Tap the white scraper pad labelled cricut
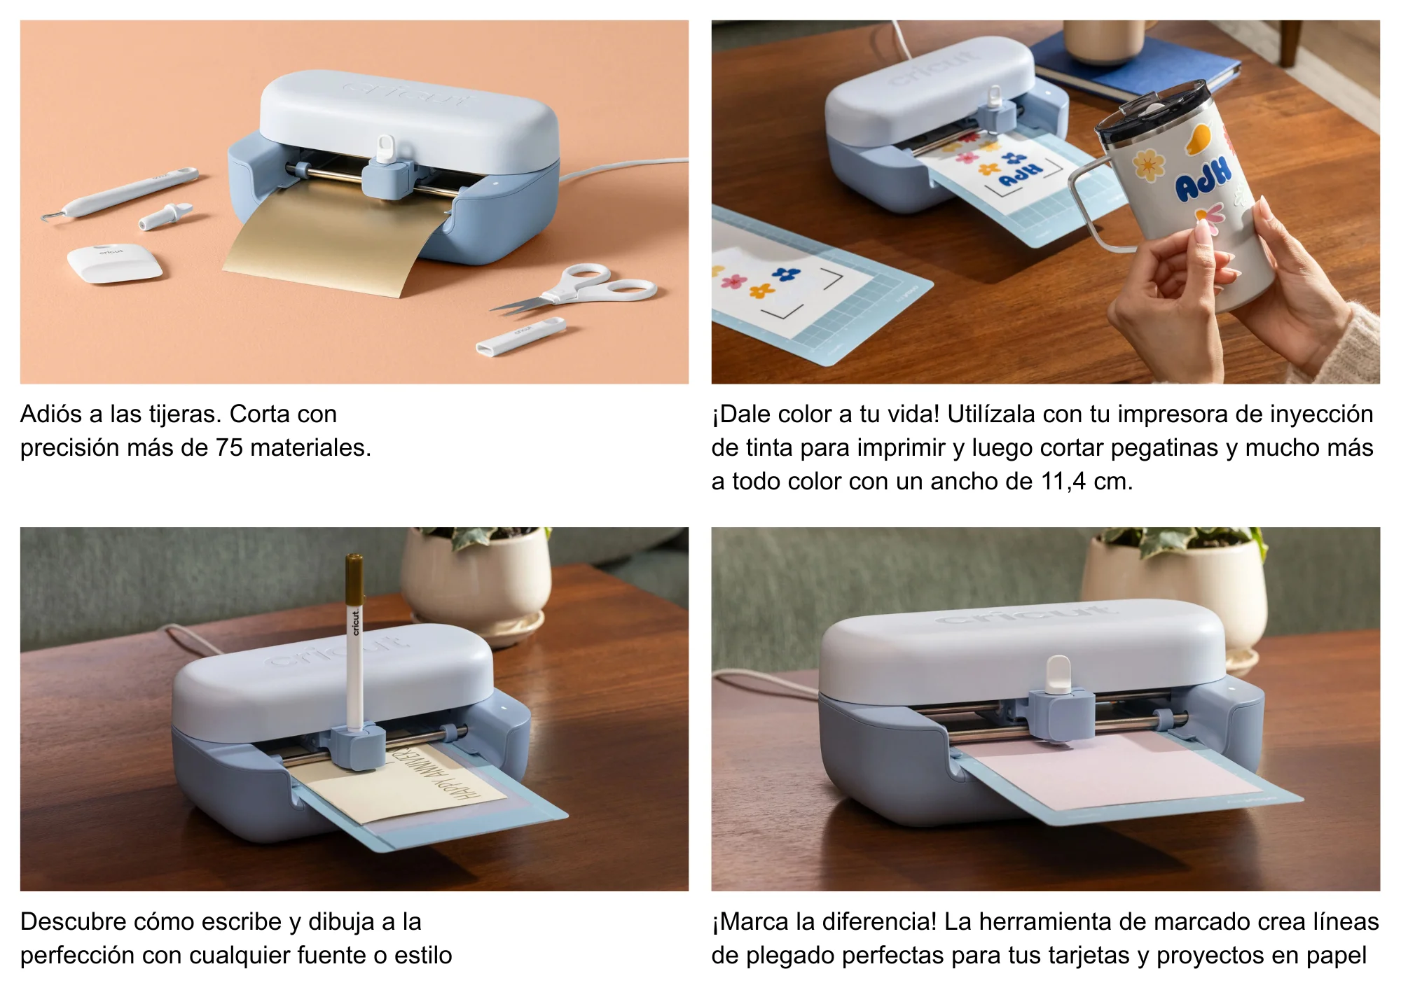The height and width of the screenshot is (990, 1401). [x=114, y=263]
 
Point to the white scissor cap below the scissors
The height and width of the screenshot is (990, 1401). [x=520, y=336]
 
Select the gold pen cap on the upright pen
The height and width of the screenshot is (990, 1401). [x=354, y=579]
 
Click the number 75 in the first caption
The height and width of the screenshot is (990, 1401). [x=229, y=448]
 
